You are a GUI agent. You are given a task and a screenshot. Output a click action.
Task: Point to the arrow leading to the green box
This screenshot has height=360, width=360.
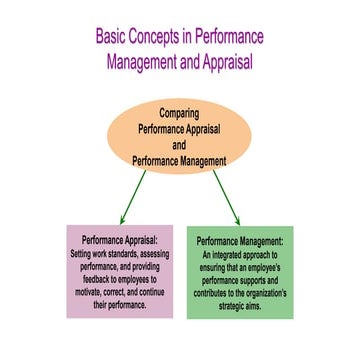click(x=226, y=197)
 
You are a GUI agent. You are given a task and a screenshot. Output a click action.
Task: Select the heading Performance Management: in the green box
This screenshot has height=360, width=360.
click(x=241, y=241)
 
